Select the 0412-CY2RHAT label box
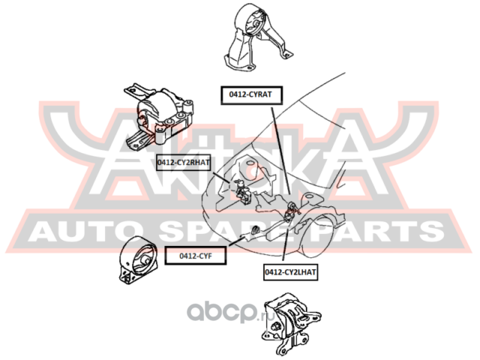[183, 160]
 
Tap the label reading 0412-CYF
[196, 256]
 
